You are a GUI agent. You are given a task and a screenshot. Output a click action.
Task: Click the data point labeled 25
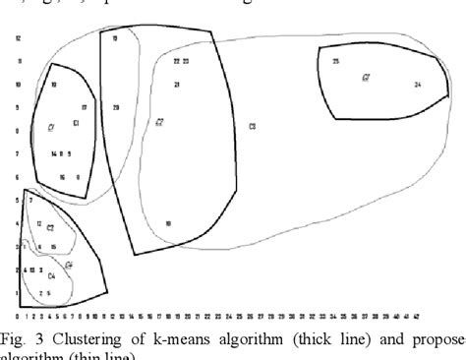pyautogui.click(x=336, y=61)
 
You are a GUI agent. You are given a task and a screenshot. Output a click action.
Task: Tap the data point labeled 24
pyautogui.click(x=418, y=86)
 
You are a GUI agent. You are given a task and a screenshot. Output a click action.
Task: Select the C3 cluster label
pyautogui.click(x=252, y=127)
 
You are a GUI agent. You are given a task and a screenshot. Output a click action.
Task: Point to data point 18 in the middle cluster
pyautogui.click(x=168, y=224)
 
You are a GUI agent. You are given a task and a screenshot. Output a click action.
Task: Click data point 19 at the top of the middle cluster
pyautogui.click(x=115, y=38)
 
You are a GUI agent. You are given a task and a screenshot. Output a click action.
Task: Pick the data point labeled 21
pyautogui.click(x=177, y=85)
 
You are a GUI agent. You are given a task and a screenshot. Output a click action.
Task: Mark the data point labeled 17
pyautogui.click(x=85, y=107)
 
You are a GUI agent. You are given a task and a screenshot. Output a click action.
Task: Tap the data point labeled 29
pyautogui.click(x=116, y=107)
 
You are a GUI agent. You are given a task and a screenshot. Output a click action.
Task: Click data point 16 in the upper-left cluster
pyautogui.click(x=62, y=178)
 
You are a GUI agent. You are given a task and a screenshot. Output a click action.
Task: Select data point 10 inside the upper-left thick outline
pyautogui.click(x=53, y=85)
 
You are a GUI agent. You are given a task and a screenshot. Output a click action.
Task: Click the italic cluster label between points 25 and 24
pyautogui.click(x=366, y=77)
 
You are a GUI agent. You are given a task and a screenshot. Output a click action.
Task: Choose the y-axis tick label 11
pyautogui.click(x=18, y=61)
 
